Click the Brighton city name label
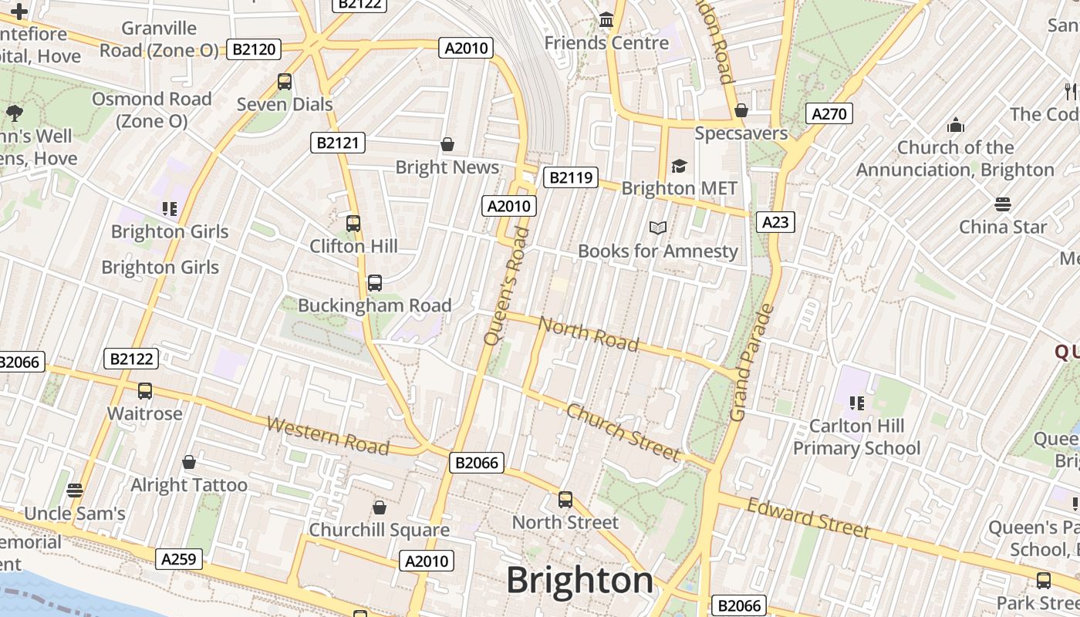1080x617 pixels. click(579, 580)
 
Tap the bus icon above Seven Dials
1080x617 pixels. click(285, 81)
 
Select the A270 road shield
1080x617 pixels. click(829, 114)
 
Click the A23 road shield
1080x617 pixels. click(775, 222)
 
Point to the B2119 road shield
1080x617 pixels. click(571, 177)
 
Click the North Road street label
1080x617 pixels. click(589, 333)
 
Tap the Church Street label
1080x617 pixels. click(623, 432)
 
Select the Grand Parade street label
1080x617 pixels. click(750, 362)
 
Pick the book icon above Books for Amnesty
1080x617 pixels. click(657, 228)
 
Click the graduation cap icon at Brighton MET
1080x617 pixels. click(679, 166)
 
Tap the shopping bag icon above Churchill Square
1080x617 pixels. click(379, 507)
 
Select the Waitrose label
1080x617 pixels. click(145, 413)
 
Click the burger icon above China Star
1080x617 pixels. click(1002, 204)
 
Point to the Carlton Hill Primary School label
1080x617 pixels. click(856, 437)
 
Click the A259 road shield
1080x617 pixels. click(179, 559)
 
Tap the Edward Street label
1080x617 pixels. click(808, 518)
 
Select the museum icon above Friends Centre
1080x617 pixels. click(606, 19)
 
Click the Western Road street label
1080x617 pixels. click(328, 435)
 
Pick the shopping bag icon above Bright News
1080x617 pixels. click(447, 144)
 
